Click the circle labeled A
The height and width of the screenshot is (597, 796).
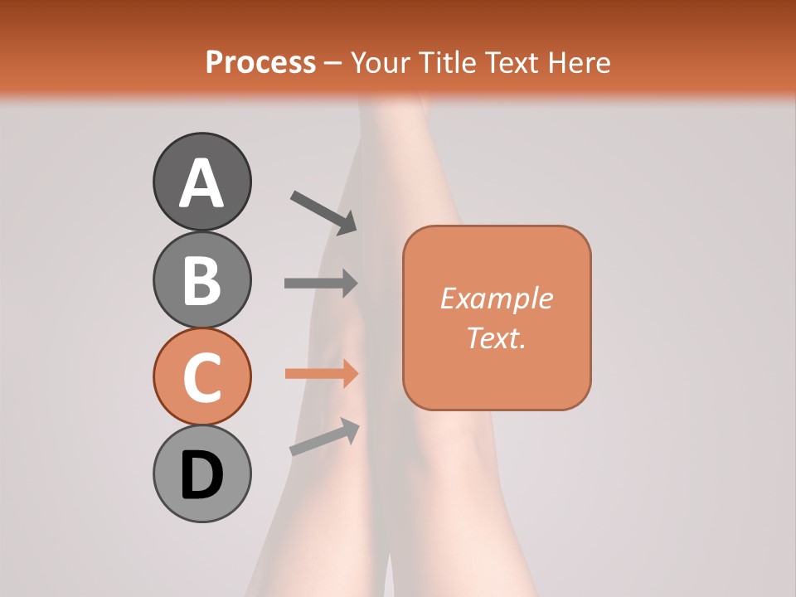click(x=201, y=182)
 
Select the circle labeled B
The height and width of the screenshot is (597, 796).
click(x=201, y=279)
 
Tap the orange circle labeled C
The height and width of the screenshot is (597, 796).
click(x=201, y=377)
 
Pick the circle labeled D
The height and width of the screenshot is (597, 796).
click(x=201, y=473)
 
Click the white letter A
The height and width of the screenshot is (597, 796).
click(x=201, y=183)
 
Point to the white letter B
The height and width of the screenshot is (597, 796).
click(x=201, y=280)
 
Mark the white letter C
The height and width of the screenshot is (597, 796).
click(x=201, y=378)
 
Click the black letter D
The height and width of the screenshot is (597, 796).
click(x=201, y=475)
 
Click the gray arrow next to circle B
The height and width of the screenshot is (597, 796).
click(x=321, y=283)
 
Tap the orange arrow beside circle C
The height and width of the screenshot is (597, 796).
click(x=321, y=373)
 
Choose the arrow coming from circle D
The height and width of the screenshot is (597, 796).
click(x=324, y=437)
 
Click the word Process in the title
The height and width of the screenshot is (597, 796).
click(x=260, y=62)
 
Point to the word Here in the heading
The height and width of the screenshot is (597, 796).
click(x=580, y=62)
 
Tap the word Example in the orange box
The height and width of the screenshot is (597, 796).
click(x=496, y=298)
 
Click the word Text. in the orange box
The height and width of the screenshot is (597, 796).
click(x=496, y=337)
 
